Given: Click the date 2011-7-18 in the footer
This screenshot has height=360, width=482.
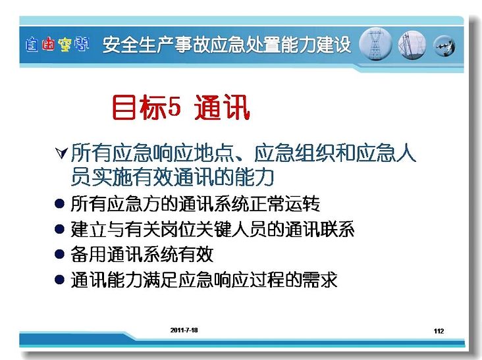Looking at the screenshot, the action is [184, 330].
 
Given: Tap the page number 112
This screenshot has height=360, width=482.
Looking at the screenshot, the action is [439, 331].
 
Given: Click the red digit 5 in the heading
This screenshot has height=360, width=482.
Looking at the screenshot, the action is [174, 107].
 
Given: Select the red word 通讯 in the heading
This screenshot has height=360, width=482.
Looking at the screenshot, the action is [222, 107].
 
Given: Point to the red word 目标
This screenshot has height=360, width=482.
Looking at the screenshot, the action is [140, 107].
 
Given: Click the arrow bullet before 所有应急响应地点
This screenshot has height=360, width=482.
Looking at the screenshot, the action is [61, 153].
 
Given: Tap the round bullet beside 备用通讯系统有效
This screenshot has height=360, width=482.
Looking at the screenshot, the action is [59, 254].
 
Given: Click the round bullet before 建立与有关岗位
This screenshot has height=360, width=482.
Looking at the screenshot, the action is [59, 229].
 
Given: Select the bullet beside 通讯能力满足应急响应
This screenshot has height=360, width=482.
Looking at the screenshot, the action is [59, 279].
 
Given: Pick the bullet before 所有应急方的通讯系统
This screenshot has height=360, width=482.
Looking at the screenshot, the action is [59, 203].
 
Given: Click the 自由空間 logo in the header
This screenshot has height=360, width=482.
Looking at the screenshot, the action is [57, 45].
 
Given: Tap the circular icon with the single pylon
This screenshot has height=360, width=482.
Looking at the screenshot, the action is [375, 44].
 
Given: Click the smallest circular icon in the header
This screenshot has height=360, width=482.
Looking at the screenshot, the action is [444, 46].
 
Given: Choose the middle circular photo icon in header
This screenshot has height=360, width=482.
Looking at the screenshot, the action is [412, 45].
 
